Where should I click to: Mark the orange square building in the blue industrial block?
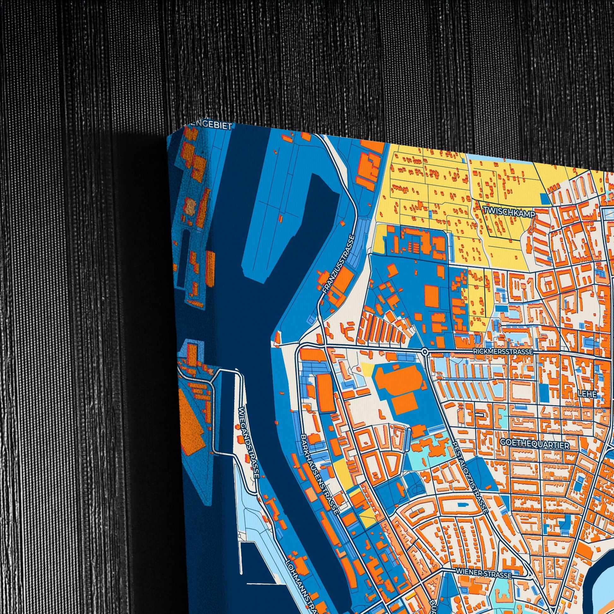432,296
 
